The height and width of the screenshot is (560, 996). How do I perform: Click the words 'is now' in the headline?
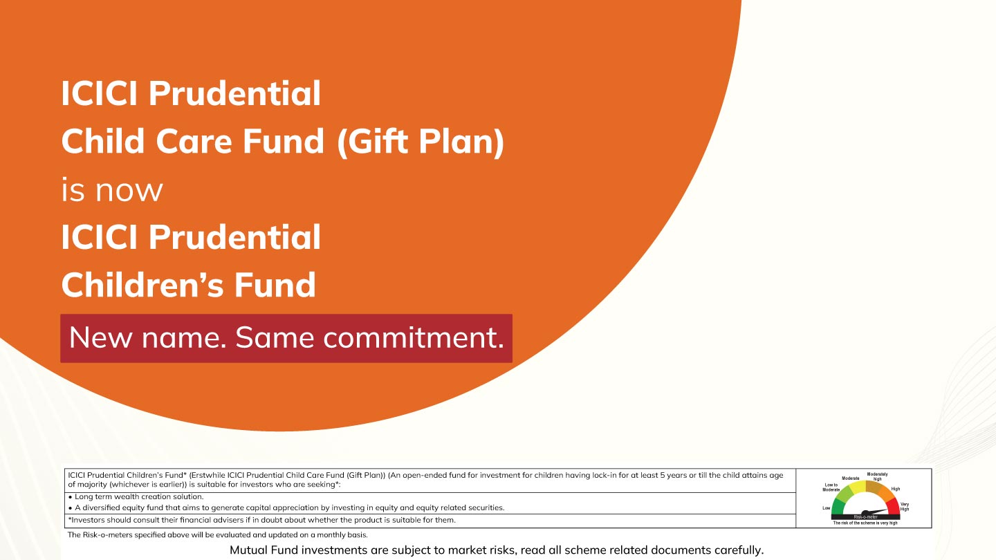coord(112,189)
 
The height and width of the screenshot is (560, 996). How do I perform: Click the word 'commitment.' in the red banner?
coord(414,337)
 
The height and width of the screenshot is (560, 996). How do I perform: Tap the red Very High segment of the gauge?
coord(893,507)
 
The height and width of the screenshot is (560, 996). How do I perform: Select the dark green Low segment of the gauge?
coord(838,508)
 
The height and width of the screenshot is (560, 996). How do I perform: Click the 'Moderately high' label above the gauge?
coord(877,476)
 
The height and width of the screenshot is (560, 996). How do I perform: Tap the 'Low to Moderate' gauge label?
coord(831,487)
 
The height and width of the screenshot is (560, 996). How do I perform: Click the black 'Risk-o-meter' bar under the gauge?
coord(865,517)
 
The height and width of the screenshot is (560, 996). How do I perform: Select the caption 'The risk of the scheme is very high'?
coord(865,523)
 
